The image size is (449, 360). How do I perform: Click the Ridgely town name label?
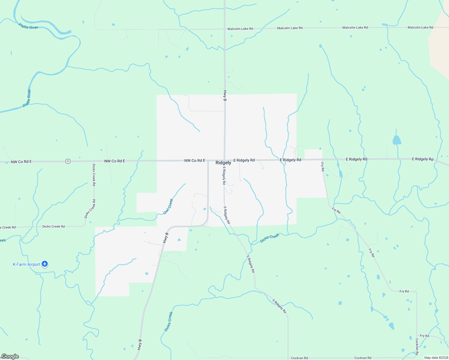(223, 163)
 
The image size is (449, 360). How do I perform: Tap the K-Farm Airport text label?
(26, 264)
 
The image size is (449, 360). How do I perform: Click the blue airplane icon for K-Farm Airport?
(45, 264)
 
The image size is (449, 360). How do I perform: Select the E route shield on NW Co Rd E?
(68, 161)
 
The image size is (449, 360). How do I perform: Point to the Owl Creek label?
(168, 206)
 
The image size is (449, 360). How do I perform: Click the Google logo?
(10, 356)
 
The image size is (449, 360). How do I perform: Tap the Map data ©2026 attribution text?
(435, 358)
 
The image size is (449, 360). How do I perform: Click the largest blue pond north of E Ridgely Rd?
(397, 140)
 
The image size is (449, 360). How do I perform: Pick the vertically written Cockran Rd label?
(417, 346)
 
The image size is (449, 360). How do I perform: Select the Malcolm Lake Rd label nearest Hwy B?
(240, 29)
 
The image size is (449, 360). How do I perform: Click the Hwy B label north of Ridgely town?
(225, 95)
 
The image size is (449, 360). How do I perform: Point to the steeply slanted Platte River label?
(27, 98)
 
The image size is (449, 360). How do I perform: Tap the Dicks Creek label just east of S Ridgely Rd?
(270, 238)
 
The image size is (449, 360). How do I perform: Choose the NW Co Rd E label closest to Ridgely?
(194, 161)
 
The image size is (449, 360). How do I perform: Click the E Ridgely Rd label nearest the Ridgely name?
(244, 160)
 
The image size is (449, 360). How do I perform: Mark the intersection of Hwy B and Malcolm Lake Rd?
(224, 29)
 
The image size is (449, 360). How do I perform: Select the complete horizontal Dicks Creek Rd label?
(53, 226)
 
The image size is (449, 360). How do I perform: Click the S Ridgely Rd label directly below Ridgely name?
(224, 175)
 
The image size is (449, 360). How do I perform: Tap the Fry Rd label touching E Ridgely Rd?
(323, 166)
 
